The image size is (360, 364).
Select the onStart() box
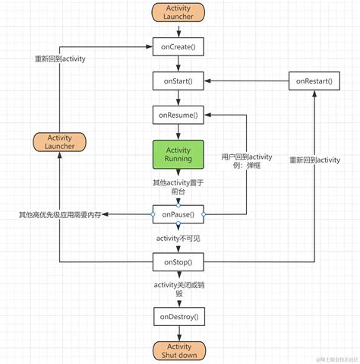click(178, 80)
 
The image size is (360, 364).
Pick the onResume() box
click(178, 115)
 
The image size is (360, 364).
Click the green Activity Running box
click(178, 155)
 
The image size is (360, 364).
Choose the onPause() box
click(178, 215)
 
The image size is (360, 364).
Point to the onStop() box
click(178, 262)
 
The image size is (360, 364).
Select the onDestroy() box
click(178, 315)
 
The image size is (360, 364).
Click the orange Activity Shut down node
click(178, 350)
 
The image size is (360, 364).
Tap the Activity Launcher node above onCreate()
click(178, 13)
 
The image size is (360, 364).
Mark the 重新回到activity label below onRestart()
click(315, 160)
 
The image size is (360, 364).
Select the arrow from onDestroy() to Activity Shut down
click(178, 332)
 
